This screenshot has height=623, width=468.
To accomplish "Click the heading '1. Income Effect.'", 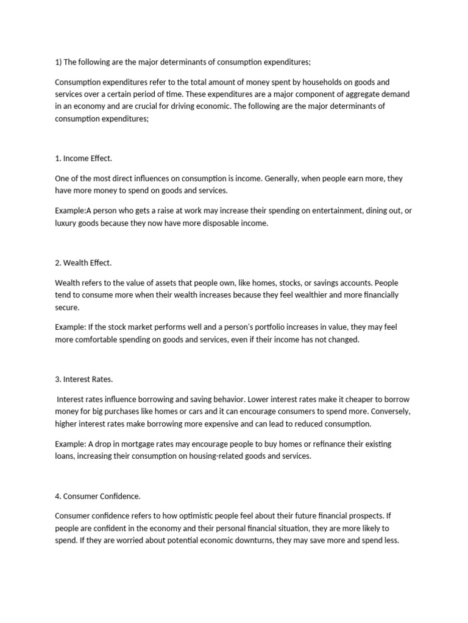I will pyautogui.click(x=83, y=158).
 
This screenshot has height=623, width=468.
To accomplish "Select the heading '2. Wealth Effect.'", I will pyautogui.click(x=83, y=263).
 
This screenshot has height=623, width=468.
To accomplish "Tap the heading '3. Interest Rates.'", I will pyautogui.click(x=84, y=379).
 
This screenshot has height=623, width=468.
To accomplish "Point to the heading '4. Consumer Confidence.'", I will pyautogui.click(x=97, y=496).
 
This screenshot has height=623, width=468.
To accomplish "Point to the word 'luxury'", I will pyautogui.click(x=66, y=223).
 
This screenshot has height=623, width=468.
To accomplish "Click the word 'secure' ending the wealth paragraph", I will pyautogui.click(x=67, y=307).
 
